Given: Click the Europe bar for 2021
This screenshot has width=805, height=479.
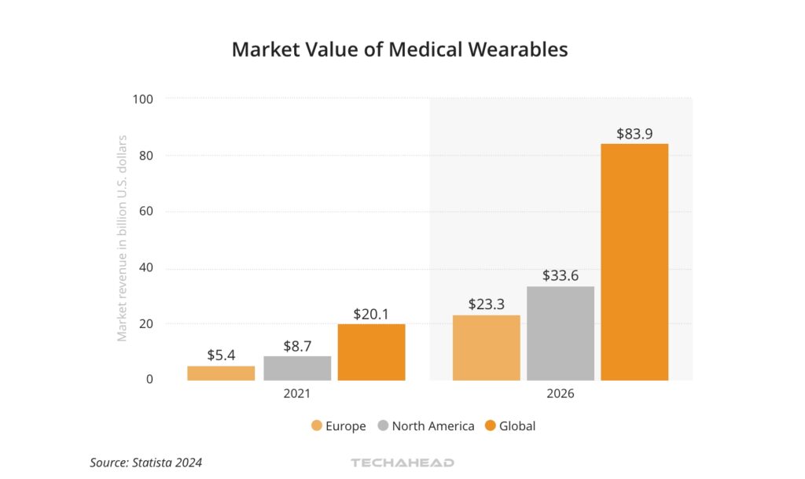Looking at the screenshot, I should tap(221, 373).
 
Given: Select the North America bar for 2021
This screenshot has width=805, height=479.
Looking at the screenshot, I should tap(297, 368).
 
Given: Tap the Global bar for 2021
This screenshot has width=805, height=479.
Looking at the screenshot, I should tap(372, 352).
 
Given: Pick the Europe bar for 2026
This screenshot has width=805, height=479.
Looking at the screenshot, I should tap(487, 348).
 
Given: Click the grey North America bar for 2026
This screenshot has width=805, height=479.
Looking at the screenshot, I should tap(561, 333).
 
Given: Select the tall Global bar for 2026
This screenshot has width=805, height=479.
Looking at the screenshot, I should tap(634, 262).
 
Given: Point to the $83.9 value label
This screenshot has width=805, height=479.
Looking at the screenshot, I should tap(634, 134).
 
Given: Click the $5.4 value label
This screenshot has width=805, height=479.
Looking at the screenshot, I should tap(221, 355).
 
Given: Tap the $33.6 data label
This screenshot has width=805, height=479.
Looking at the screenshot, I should tap(561, 276).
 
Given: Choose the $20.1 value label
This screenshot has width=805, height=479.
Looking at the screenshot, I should tap(372, 314).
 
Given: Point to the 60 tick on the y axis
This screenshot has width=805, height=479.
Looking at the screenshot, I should tap(145, 212).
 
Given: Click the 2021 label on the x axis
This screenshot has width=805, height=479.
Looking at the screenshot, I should tap(296, 393).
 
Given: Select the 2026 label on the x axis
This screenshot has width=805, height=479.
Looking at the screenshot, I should tap(561, 393).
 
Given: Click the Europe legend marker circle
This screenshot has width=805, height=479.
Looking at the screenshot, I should tap(317, 426).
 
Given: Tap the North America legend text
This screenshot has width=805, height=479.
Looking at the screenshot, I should tap(433, 426).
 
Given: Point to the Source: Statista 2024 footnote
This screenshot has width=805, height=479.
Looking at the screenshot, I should tap(145, 462).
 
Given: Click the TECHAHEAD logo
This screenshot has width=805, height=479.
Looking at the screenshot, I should tap(402, 462).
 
